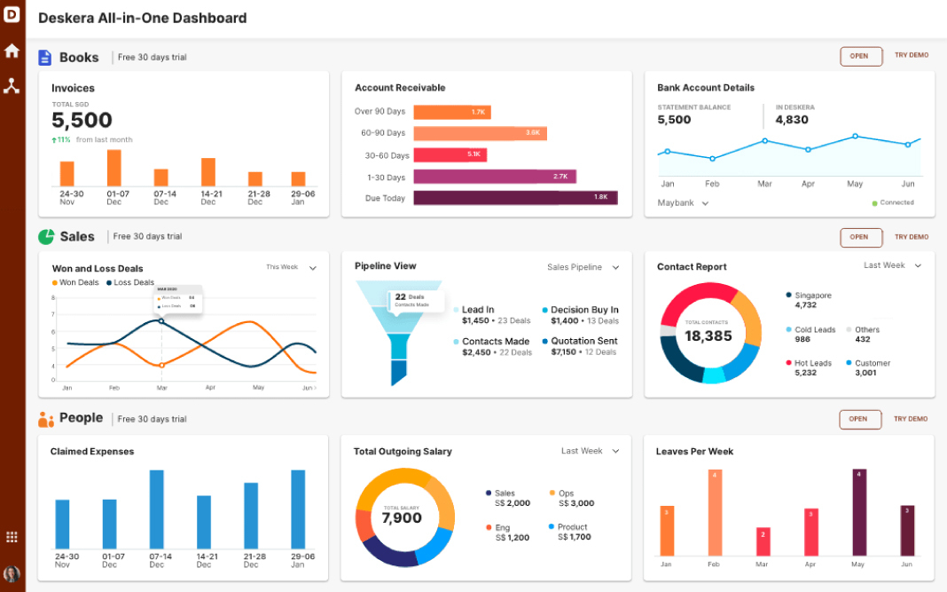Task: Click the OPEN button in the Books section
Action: tap(860, 56)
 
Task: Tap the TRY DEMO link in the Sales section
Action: tap(911, 237)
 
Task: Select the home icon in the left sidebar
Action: tap(12, 51)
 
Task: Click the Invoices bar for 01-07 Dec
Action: tap(113, 168)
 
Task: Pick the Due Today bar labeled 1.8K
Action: tap(515, 198)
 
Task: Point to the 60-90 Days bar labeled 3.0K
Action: tap(480, 133)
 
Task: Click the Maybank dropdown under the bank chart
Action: tap(683, 203)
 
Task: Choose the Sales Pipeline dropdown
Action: tap(583, 267)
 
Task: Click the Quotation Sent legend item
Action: tap(583, 341)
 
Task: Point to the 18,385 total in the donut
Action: tap(708, 335)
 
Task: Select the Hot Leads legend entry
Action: tap(811, 363)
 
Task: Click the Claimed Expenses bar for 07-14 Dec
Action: tap(157, 510)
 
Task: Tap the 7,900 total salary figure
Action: tap(402, 517)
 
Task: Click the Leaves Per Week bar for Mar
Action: tap(762, 541)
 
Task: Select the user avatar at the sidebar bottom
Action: tap(12, 574)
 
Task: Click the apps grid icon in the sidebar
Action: tap(12, 537)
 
